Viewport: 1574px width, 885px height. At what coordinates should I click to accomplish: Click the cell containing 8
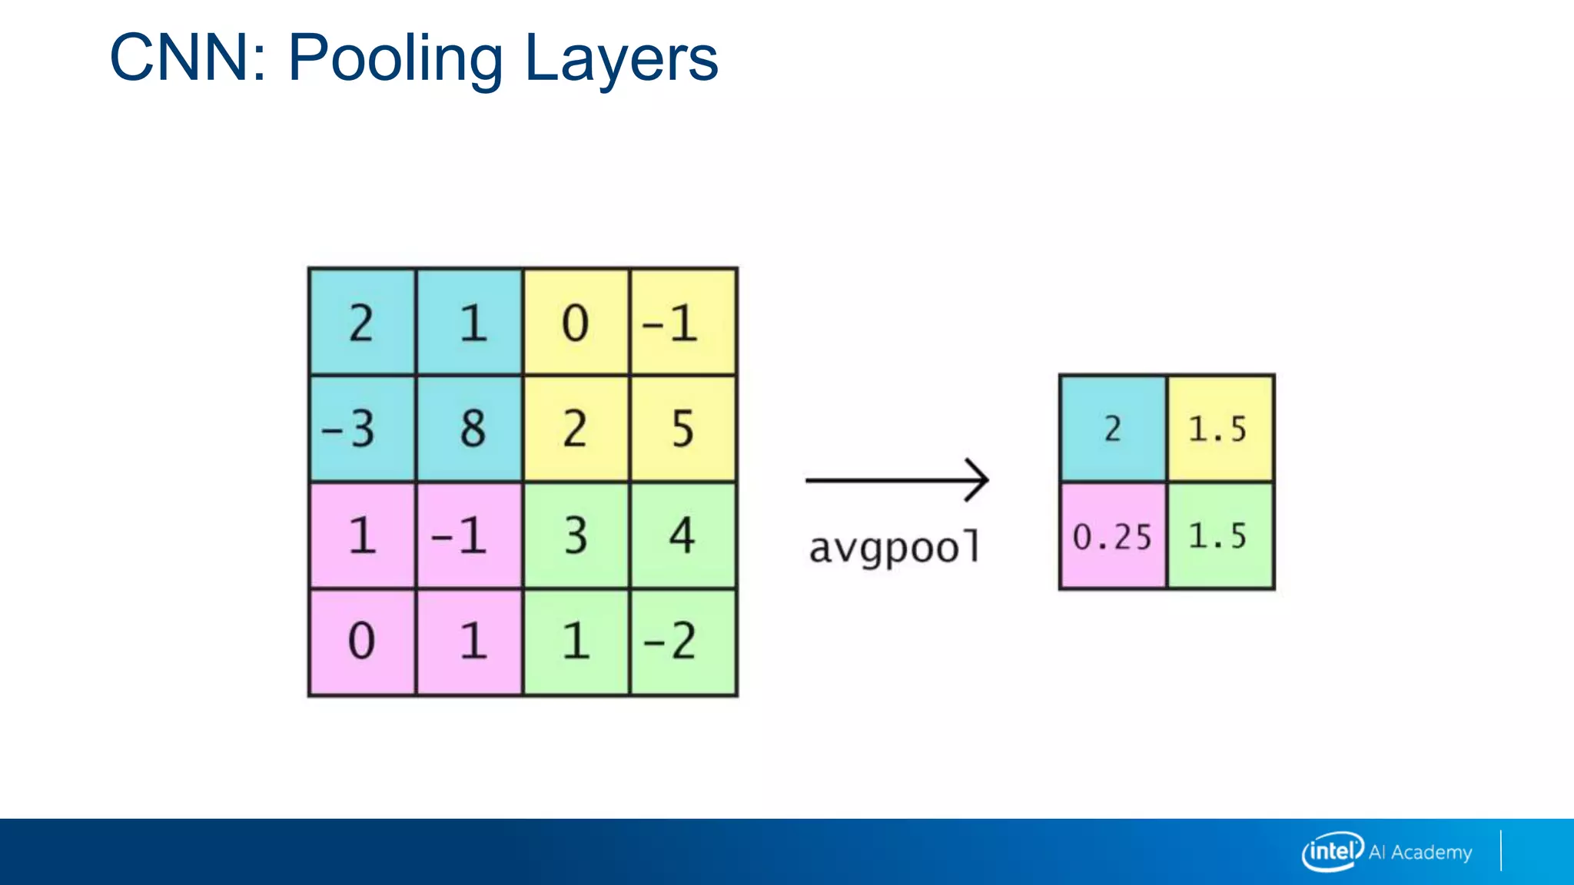(470, 429)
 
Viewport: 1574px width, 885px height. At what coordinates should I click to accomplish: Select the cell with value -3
(362, 429)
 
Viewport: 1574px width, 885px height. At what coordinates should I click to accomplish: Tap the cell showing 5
(683, 429)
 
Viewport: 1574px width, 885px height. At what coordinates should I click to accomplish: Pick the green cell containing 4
(683, 535)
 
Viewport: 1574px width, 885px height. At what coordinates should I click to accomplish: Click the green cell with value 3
(576, 535)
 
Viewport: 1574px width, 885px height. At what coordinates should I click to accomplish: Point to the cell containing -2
(683, 642)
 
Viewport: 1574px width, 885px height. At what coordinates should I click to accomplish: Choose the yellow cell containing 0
(576, 322)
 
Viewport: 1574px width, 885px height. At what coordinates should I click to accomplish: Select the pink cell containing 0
(362, 642)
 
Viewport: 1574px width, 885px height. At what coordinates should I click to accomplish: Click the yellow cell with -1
(683, 322)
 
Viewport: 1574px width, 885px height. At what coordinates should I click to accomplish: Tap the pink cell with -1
(470, 535)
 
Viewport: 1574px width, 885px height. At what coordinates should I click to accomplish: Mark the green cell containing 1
(576, 642)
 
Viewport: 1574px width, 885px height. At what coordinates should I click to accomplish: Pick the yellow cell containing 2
(576, 429)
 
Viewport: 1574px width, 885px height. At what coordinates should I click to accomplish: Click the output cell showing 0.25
(1112, 536)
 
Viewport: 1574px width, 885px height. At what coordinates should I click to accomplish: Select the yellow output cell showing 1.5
(1220, 429)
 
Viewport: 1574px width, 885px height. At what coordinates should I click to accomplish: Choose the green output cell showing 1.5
(1220, 536)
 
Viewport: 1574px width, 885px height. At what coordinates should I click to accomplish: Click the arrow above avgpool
(897, 480)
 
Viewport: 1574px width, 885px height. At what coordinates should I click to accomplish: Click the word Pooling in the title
(395, 58)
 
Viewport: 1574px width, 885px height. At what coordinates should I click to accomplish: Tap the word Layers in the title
(621, 58)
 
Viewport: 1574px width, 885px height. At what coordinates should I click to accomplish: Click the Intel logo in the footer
(1332, 851)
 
